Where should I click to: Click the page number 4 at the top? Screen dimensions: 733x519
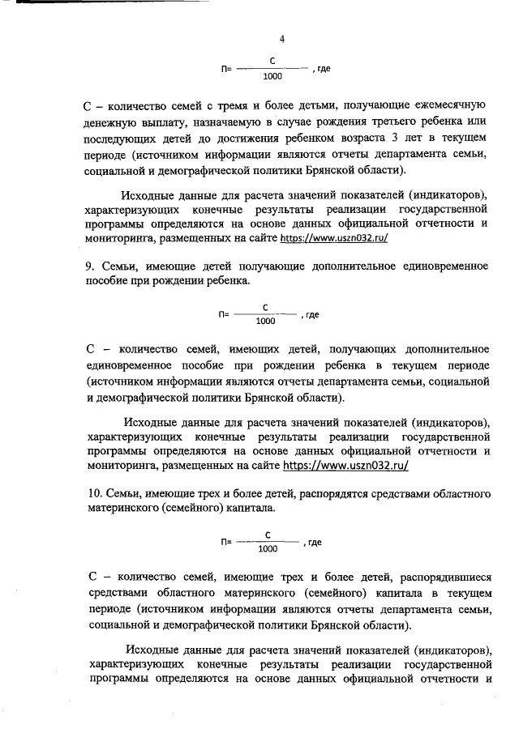click(x=281, y=39)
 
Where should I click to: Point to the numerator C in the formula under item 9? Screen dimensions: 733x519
click(x=265, y=307)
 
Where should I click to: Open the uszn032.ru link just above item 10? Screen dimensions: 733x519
click(x=345, y=467)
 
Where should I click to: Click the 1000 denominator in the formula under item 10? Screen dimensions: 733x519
click(x=267, y=549)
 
